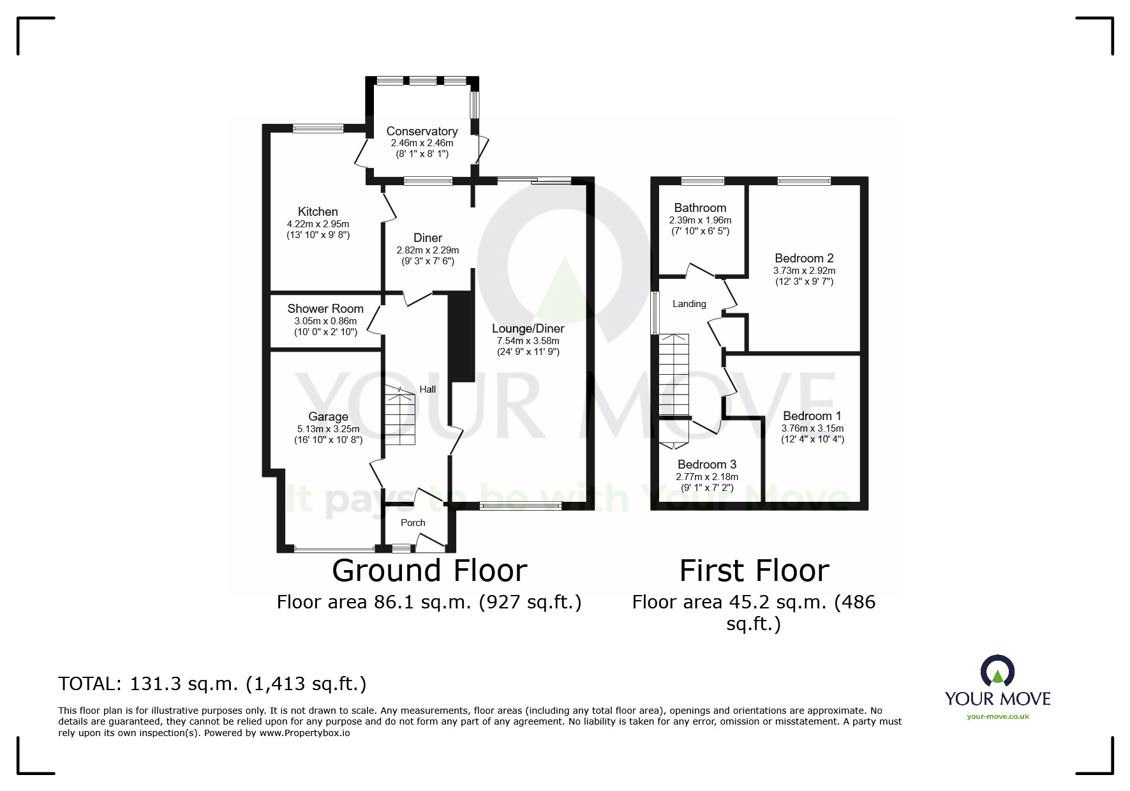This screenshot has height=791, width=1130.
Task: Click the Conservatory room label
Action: tap(422, 132)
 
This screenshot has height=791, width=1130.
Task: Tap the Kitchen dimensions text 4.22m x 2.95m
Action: tap(318, 224)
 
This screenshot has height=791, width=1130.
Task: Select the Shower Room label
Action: tap(325, 309)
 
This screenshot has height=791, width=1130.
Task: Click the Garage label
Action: tap(328, 417)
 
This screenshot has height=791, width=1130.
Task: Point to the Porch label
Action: tap(413, 523)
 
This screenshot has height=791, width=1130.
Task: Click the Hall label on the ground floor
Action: tap(427, 389)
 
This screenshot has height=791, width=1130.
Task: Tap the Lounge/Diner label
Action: tap(528, 329)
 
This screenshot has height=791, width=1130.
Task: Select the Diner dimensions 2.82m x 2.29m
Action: tap(427, 250)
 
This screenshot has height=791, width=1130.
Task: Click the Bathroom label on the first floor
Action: tap(700, 208)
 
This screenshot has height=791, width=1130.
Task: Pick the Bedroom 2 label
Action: tap(804, 259)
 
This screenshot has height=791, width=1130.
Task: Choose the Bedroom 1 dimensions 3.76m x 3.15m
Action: tap(812, 428)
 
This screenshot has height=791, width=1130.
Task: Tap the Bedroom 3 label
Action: tap(707, 465)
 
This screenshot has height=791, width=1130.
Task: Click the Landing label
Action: tap(689, 304)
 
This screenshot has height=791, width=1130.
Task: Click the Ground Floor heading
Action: tap(429, 571)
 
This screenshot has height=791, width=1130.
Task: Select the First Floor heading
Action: tap(754, 571)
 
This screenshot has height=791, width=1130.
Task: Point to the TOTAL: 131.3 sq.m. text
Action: tap(212, 684)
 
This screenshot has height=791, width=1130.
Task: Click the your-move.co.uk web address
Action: tap(997, 716)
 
